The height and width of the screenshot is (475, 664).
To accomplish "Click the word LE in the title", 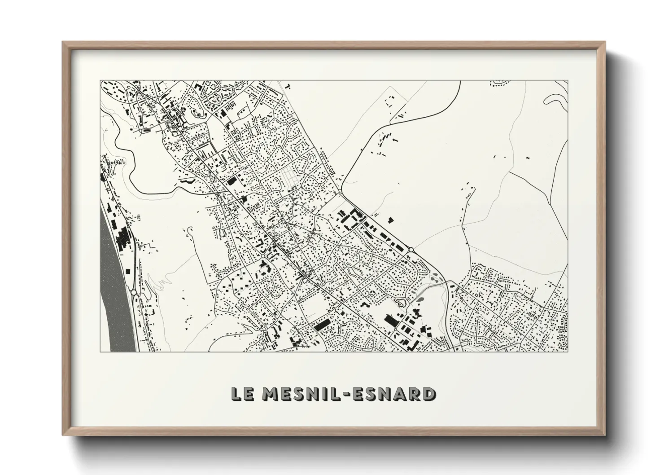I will [x=242, y=393].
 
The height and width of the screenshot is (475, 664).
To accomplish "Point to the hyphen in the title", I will [x=348, y=394].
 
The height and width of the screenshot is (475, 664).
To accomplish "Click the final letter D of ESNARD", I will [x=428, y=393].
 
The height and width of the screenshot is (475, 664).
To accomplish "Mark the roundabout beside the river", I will [x=134, y=292].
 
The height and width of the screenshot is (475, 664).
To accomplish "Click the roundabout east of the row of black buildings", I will [x=411, y=250].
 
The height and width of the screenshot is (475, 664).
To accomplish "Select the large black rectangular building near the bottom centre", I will [x=322, y=325].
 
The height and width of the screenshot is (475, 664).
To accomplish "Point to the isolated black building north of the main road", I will [x=391, y=220].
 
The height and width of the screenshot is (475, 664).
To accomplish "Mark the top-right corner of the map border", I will [x=568, y=81].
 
